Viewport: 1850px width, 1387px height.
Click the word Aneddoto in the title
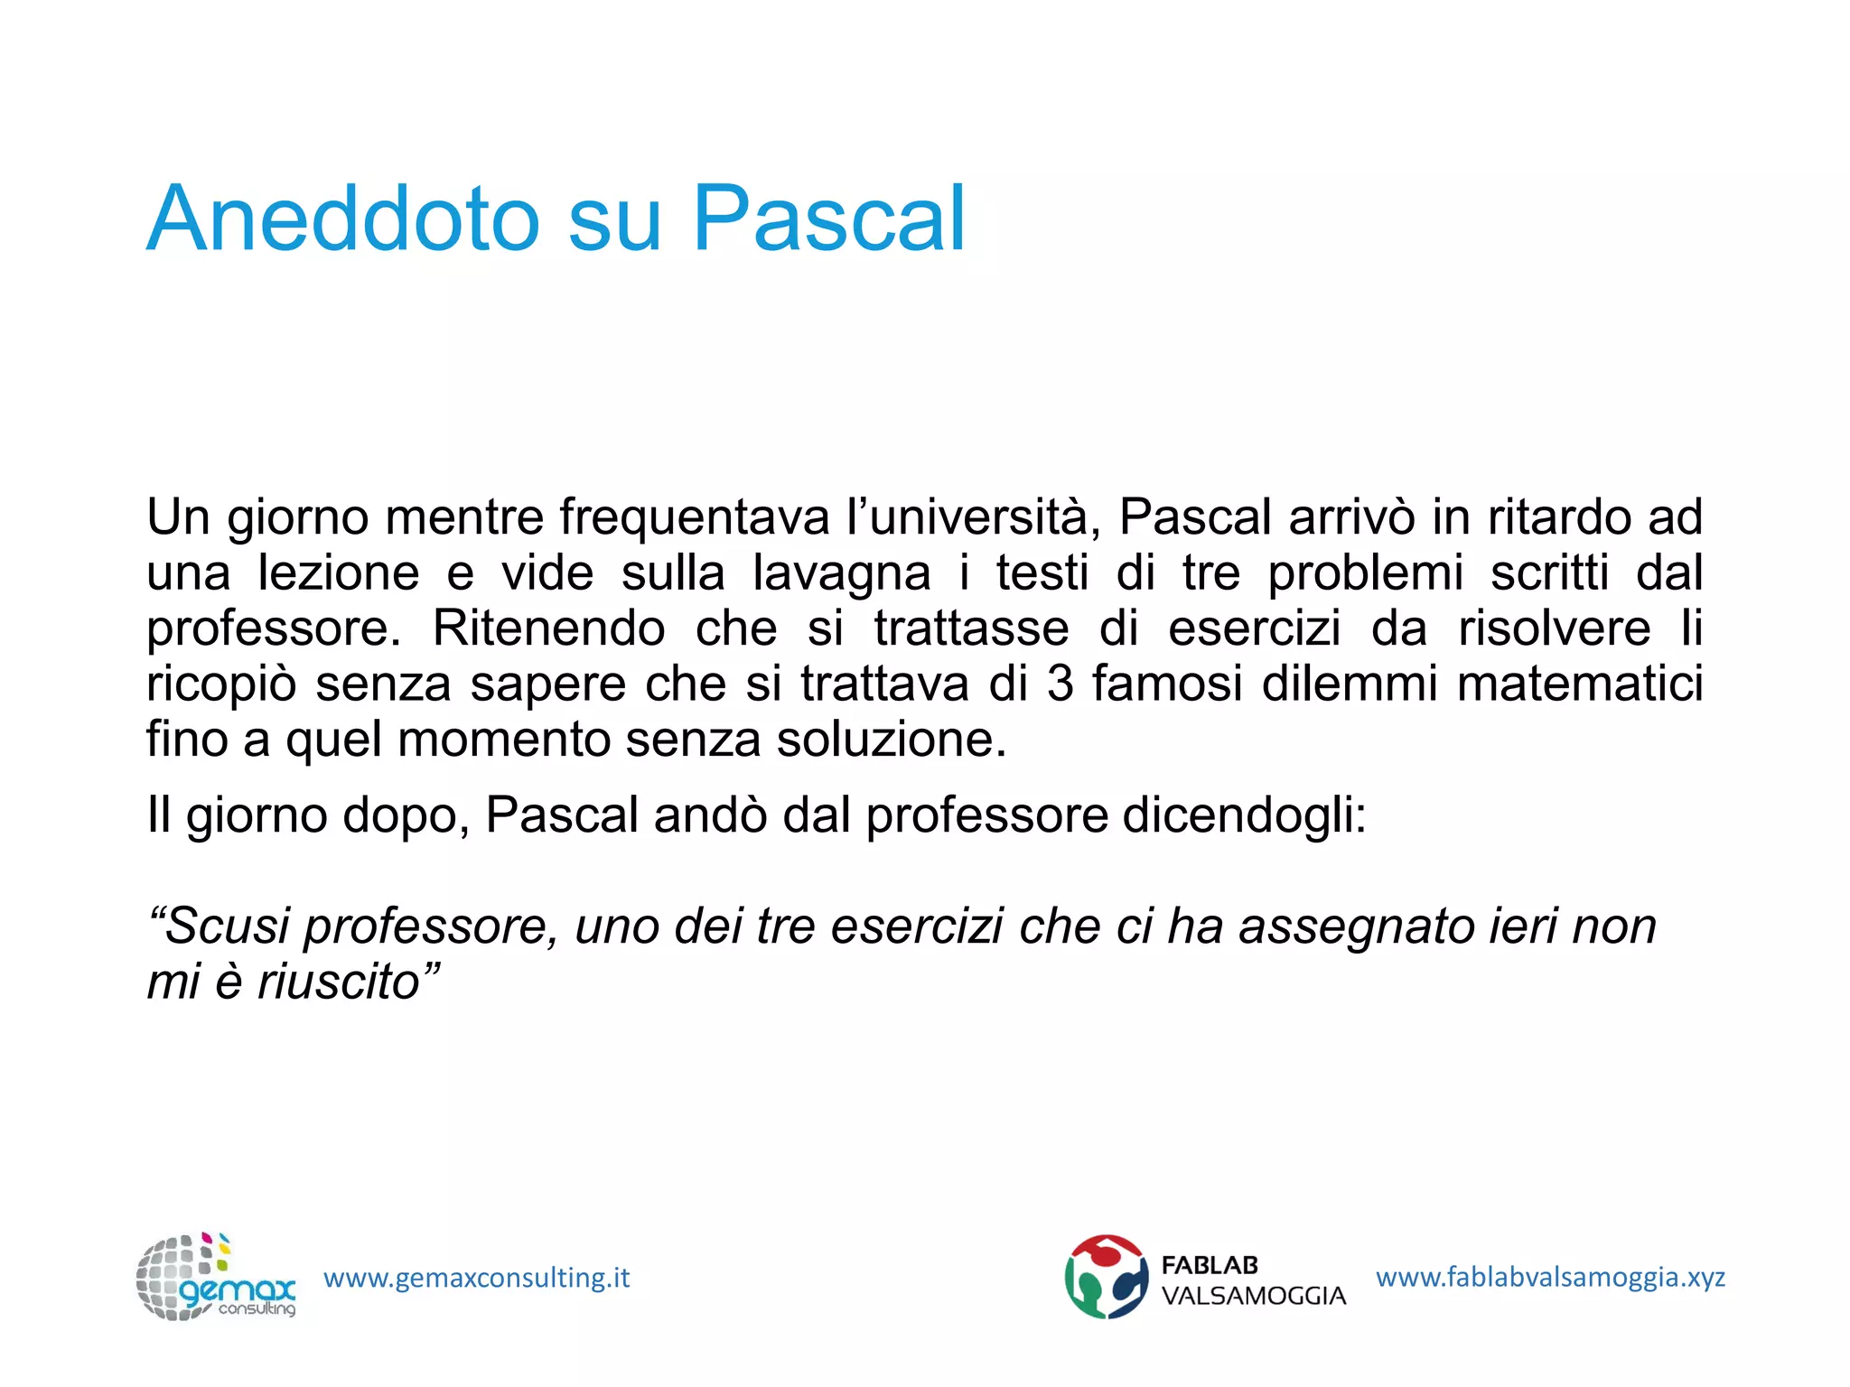pyautogui.click(x=343, y=219)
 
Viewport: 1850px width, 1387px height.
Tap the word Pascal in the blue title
pyautogui.click(x=828, y=219)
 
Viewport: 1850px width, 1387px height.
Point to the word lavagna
pyautogui.click(x=841, y=573)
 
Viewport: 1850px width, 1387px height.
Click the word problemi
pyautogui.click(x=1365, y=573)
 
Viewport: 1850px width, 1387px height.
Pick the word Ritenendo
pyautogui.click(x=548, y=628)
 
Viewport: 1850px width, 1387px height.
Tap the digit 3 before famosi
pyautogui.click(x=1060, y=684)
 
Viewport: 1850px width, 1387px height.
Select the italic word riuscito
pyautogui.click(x=341, y=982)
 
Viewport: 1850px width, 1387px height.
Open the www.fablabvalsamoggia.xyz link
pyautogui.click(x=1550, y=1278)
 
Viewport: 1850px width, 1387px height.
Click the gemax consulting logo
pyautogui.click(x=216, y=1278)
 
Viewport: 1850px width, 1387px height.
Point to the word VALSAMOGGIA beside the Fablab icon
pyautogui.click(x=1253, y=1297)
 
